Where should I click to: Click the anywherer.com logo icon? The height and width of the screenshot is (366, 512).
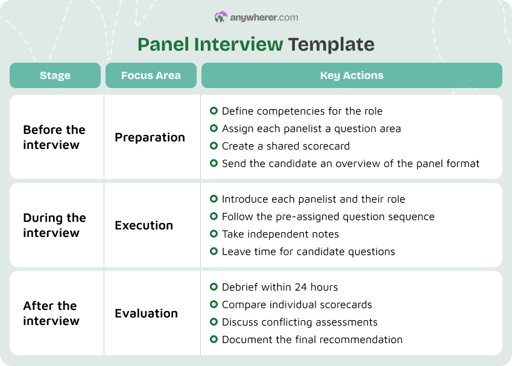pyautogui.click(x=221, y=17)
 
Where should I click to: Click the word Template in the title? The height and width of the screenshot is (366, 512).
pyautogui.click(x=331, y=44)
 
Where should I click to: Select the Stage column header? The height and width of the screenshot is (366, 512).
pyautogui.click(x=55, y=75)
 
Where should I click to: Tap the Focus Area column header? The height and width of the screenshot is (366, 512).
pyautogui.click(x=151, y=75)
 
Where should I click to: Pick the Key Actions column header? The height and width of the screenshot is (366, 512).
pyautogui.click(x=352, y=75)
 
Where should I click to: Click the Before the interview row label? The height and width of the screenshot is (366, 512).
pyautogui.click(x=54, y=137)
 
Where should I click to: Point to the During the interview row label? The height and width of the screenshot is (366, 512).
pyautogui.click(x=54, y=225)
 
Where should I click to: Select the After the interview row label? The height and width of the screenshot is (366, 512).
pyautogui.click(x=51, y=313)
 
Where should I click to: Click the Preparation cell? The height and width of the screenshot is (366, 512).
pyautogui.click(x=150, y=137)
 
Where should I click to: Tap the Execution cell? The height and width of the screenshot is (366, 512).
pyautogui.click(x=144, y=225)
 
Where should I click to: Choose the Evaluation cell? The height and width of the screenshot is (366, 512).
pyautogui.click(x=146, y=313)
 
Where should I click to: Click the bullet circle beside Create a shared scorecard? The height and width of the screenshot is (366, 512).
pyautogui.click(x=213, y=146)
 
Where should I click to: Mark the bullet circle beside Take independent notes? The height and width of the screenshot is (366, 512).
pyautogui.click(x=213, y=234)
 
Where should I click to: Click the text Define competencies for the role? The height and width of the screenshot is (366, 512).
pyautogui.click(x=302, y=111)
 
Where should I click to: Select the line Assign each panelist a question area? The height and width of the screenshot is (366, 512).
pyautogui.click(x=311, y=128)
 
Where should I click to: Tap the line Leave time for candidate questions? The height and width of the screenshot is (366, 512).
pyautogui.click(x=308, y=251)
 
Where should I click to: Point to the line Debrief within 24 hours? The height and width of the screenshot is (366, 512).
pyautogui.click(x=280, y=287)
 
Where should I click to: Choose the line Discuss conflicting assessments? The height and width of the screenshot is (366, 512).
pyautogui.click(x=299, y=322)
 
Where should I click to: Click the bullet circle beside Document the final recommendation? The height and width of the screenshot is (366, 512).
pyautogui.click(x=213, y=339)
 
